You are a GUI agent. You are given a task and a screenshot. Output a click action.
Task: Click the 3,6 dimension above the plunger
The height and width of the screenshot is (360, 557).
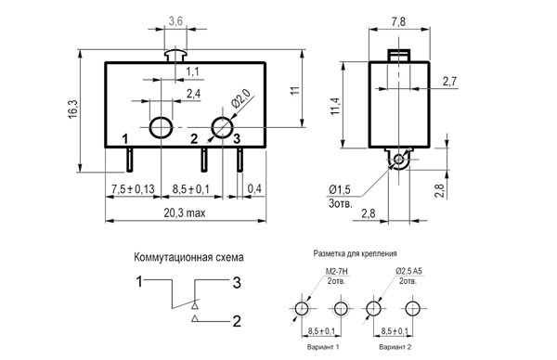[175, 21]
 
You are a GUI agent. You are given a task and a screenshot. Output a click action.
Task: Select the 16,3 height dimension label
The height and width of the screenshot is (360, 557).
[73, 109]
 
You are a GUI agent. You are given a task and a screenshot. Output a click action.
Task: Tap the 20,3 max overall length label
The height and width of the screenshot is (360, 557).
[185, 212]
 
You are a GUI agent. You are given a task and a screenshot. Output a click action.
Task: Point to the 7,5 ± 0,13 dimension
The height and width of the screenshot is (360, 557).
[133, 189]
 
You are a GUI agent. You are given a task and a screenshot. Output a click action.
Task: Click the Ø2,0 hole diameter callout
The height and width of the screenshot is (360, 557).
[241, 98]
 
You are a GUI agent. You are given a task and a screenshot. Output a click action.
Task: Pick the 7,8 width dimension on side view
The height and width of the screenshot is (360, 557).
[398, 21]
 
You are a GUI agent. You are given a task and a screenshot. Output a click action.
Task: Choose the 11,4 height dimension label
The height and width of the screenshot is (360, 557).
[336, 106]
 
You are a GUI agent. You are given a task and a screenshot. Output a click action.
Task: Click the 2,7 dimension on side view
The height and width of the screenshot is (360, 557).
[449, 82]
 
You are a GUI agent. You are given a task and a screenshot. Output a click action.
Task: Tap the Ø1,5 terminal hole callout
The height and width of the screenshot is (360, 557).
[340, 189]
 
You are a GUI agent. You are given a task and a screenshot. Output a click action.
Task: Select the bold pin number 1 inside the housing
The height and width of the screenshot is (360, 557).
[124, 139]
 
